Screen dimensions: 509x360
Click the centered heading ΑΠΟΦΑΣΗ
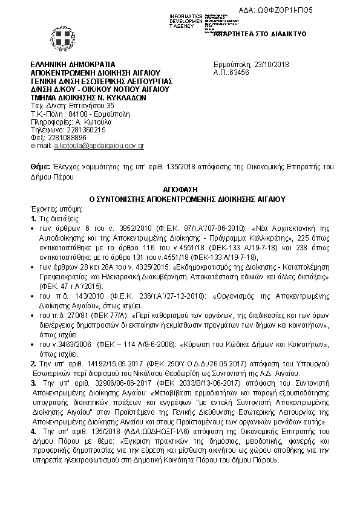pos(180,189)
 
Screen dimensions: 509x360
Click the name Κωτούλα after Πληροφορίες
pos(91,121)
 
